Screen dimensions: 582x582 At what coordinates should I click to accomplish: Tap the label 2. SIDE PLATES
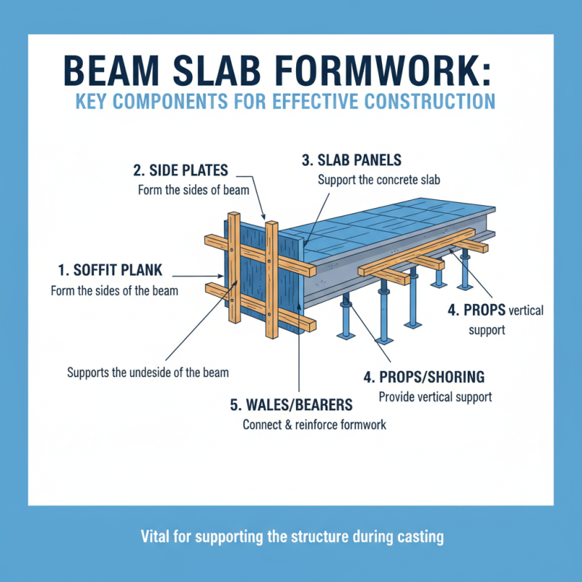coord(180,171)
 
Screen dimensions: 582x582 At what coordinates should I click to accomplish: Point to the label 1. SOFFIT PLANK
coord(110,271)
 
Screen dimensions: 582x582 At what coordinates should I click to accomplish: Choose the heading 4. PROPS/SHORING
coord(424,378)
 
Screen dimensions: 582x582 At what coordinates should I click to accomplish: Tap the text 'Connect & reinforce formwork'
coord(314,424)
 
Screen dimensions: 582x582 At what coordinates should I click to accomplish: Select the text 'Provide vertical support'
coord(435,397)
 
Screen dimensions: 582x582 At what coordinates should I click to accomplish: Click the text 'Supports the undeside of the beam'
coord(148,372)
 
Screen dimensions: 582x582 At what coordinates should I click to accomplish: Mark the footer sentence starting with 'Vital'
coord(291,538)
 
